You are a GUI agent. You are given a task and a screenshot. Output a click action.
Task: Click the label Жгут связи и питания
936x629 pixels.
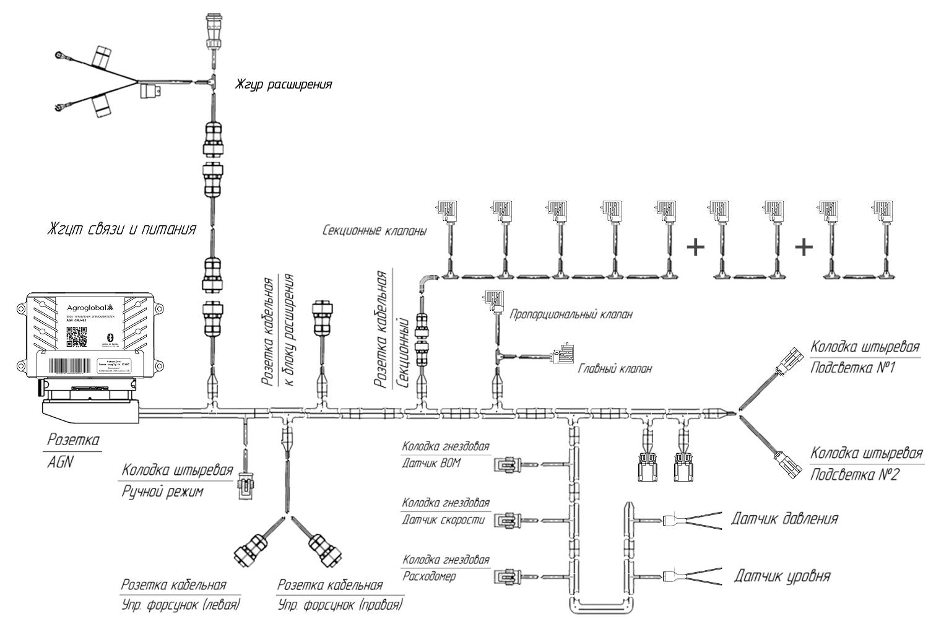coord(122,229)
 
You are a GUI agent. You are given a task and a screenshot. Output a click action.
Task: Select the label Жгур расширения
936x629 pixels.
coord(283,84)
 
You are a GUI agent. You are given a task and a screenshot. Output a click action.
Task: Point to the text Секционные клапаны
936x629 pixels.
coord(375,232)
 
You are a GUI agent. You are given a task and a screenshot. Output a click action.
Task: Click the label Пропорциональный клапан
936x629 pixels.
coord(571,314)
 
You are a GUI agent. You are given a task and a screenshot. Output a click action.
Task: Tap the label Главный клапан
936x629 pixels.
coord(615,369)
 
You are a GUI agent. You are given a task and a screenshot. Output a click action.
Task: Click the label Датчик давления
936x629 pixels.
coord(784,519)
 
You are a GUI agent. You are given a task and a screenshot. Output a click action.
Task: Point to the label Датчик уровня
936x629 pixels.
coord(782,576)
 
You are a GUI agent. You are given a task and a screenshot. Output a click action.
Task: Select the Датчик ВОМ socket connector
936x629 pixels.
coord(506,464)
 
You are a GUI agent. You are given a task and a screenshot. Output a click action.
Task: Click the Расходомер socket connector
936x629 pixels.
coord(506,576)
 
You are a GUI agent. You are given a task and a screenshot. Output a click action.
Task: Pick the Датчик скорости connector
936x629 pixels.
coord(506,520)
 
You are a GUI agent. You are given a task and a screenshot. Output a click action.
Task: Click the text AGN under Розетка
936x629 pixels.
coord(60,461)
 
